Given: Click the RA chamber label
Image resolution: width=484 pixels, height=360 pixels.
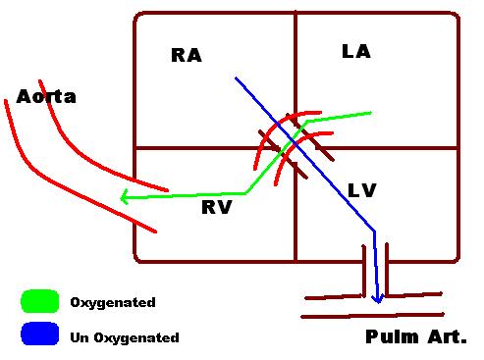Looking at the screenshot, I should [186, 56].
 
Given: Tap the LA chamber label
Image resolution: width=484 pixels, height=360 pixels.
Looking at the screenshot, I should [355, 51].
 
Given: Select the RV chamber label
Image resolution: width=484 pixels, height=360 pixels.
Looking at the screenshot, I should [216, 207].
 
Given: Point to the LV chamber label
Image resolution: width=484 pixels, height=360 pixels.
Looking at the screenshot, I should [361, 189].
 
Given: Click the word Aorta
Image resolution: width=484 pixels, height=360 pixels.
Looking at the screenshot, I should [46, 97].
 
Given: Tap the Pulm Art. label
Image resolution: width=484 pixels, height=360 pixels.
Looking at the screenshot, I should [415, 337].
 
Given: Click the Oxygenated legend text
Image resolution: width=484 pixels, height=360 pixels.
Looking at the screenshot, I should [113, 303].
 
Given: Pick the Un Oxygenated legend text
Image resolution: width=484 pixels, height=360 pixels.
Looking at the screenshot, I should [125, 337].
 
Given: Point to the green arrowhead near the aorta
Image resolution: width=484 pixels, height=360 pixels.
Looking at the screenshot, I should [125, 198].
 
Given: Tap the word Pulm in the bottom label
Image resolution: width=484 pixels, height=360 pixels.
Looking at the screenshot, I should [389, 337].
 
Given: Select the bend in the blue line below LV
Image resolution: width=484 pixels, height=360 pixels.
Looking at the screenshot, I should [374, 231].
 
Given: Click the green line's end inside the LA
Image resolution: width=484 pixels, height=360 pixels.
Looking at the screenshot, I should [370, 113].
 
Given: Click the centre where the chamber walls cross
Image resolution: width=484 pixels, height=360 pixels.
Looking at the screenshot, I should [295, 147].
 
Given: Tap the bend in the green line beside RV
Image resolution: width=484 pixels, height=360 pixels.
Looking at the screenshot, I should [245, 192].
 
